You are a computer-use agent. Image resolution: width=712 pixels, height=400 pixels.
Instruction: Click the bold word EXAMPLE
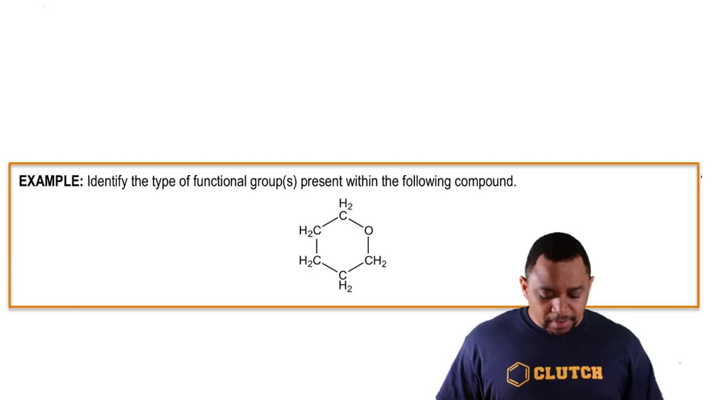pyautogui.click(x=51, y=181)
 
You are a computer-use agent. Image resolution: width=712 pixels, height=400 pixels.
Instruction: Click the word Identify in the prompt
pyautogui.click(x=108, y=181)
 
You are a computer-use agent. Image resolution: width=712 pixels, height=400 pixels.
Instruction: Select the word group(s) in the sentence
pyautogui.click(x=273, y=181)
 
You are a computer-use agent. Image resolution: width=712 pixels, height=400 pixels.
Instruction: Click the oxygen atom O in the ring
pyautogui.click(x=368, y=231)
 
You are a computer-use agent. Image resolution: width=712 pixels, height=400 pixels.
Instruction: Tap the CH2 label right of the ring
pyautogui.click(x=375, y=262)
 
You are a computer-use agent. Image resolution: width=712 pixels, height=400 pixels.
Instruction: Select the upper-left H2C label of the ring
pyautogui.click(x=310, y=231)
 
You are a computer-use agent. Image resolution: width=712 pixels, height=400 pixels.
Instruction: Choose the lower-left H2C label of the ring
pyautogui.click(x=310, y=261)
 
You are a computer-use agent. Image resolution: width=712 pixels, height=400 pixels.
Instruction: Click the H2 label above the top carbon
pyautogui.click(x=345, y=205)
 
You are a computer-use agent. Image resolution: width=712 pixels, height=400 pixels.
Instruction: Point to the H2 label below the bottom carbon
pyautogui.click(x=345, y=287)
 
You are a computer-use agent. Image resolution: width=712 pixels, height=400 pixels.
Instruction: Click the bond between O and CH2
pyautogui.click(x=368, y=246)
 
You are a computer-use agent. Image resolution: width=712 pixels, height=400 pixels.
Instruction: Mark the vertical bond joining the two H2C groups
pyautogui.click(x=316, y=246)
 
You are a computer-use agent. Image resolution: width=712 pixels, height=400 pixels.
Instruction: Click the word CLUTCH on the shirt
pyautogui.click(x=568, y=373)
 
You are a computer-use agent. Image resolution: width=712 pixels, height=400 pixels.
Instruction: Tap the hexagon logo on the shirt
pyautogui.click(x=518, y=374)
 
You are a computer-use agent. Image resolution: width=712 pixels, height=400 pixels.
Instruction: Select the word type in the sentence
pyautogui.click(x=163, y=181)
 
